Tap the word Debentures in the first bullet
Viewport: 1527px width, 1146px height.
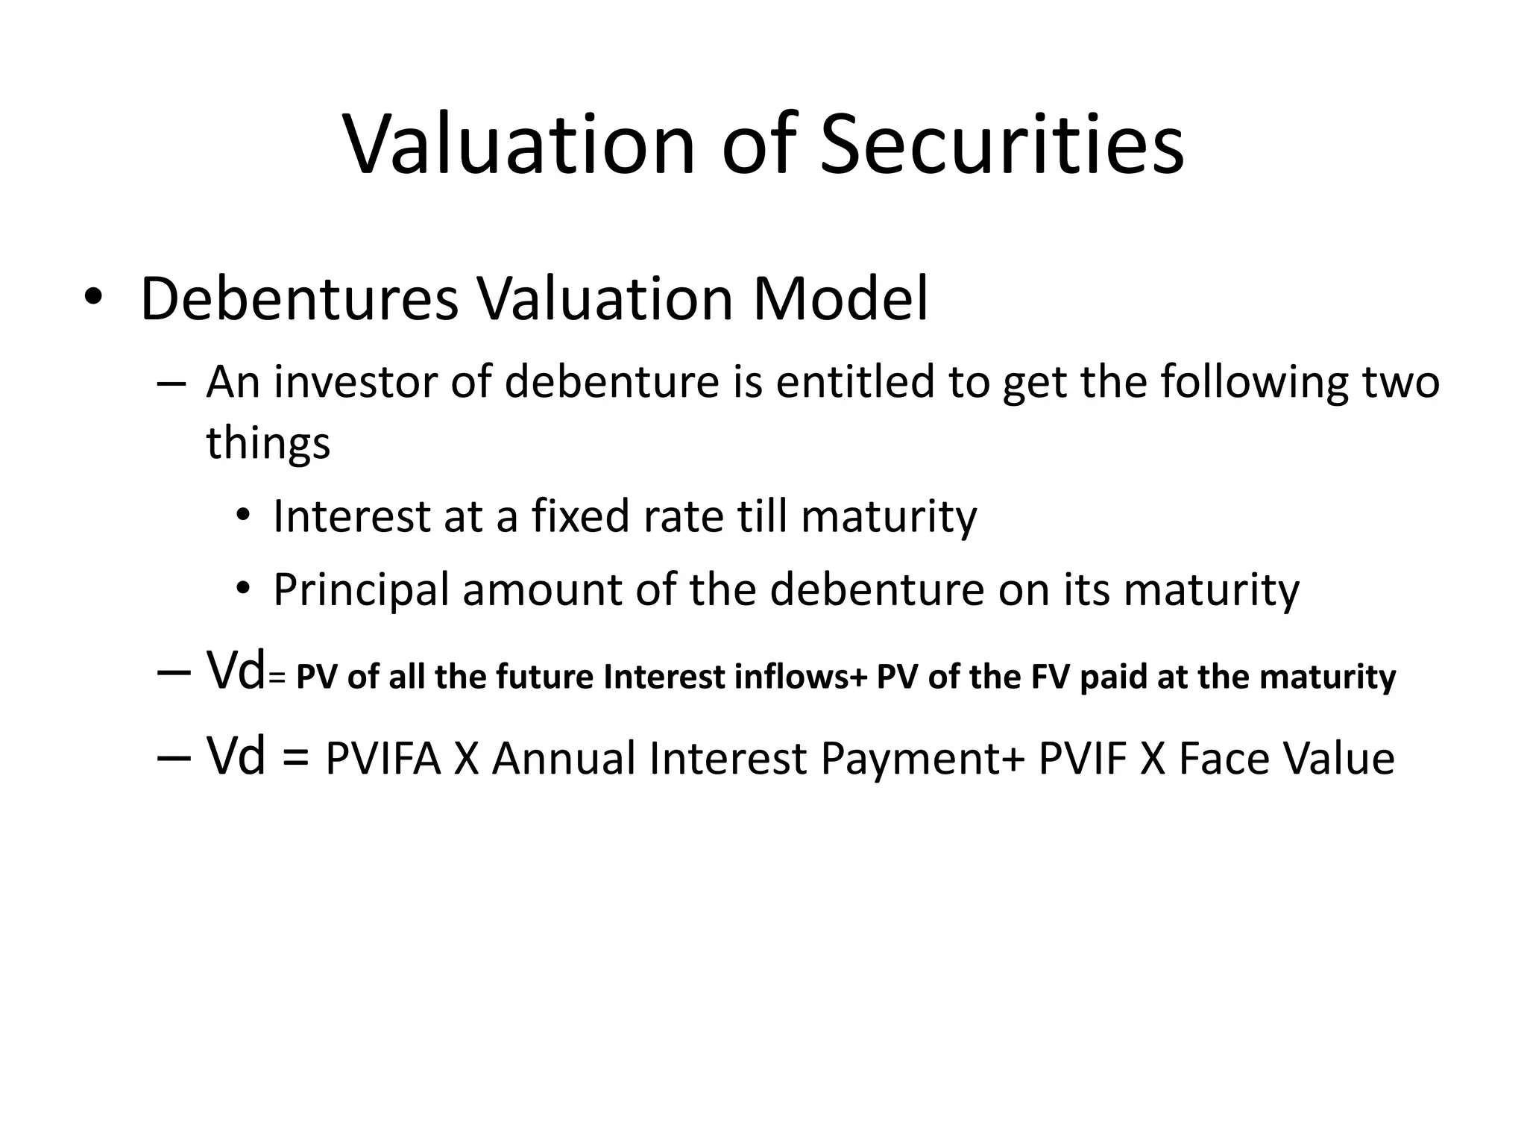(299, 300)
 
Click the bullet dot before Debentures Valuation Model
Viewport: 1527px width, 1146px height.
(92, 298)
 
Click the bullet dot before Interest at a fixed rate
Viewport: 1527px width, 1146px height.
(242, 516)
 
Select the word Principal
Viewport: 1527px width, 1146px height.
(361, 590)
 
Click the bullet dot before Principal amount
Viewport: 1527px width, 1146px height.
(242, 590)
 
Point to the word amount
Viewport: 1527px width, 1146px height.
(542, 590)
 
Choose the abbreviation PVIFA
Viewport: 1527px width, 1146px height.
(383, 760)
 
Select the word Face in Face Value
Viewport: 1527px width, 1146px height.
(1222, 760)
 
